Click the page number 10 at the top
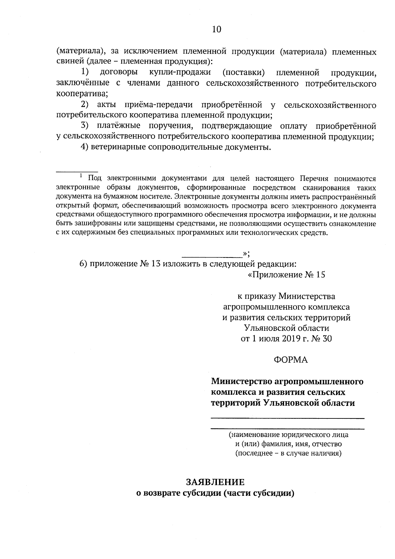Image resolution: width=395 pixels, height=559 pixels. pyautogui.click(x=217, y=30)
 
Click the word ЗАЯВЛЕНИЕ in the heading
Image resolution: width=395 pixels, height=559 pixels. pyautogui.click(x=215, y=482)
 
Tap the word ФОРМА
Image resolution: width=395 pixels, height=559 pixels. pyautogui.click(x=291, y=360)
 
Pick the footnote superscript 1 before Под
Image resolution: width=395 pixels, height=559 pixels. pyautogui.click(x=81, y=176)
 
